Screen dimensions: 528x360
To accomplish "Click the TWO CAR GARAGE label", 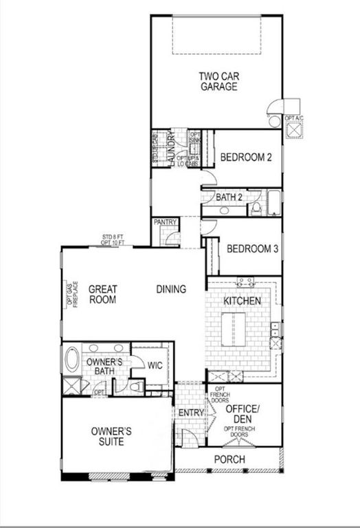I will coord(218,81).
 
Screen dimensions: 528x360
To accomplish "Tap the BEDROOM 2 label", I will coord(246,157).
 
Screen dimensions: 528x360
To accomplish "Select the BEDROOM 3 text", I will coord(251,249).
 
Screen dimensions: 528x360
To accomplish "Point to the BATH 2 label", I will coord(229,198).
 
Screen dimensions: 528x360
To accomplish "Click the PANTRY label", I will coord(166,222).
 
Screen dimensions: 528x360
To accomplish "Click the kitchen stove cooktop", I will coord(245,280).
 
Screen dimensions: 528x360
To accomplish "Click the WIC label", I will coord(155,365).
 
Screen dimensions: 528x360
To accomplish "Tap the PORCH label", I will coord(229,459).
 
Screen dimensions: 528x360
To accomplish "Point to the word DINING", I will coord(170,289).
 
